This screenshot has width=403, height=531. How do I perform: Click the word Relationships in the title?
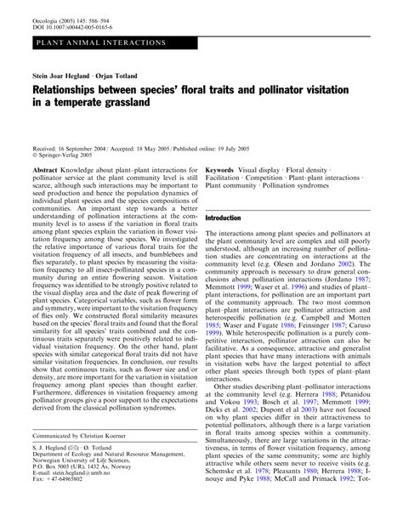73,89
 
